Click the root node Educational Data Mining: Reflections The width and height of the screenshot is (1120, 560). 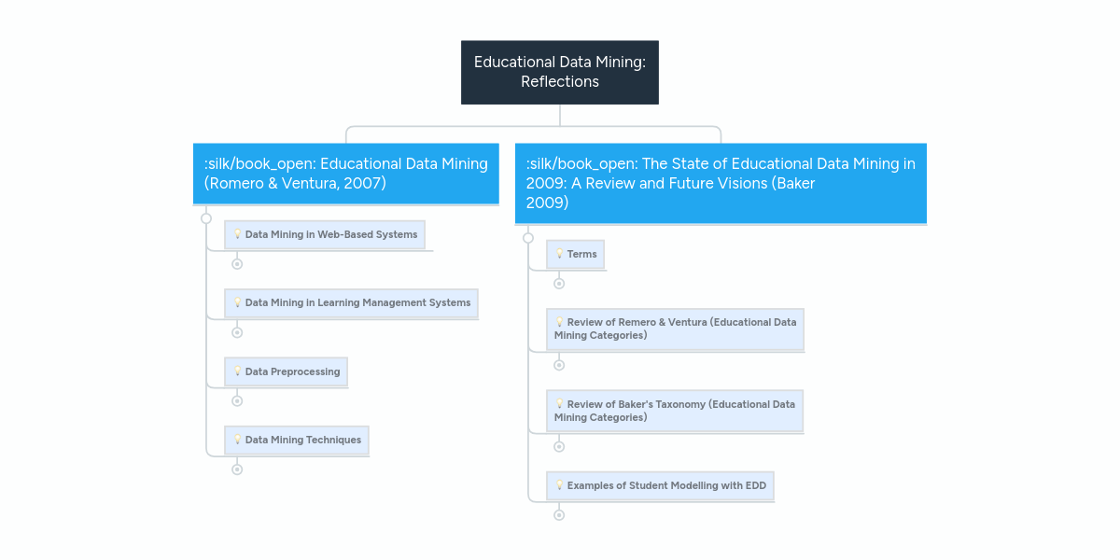[x=560, y=72]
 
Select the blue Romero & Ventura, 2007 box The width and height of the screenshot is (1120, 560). [x=345, y=174]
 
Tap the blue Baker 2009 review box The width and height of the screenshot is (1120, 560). [x=721, y=183]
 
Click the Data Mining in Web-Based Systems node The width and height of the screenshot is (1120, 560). [x=325, y=235]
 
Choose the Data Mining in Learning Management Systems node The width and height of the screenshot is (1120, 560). [x=351, y=303]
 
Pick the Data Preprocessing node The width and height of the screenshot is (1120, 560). [x=286, y=371]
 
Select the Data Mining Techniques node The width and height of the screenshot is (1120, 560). [x=297, y=440]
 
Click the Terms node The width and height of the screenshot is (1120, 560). [x=576, y=255]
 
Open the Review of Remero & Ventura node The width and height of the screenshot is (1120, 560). [x=675, y=329]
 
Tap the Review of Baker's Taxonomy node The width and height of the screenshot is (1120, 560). [x=675, y=411]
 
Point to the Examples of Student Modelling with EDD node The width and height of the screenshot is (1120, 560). [x=660, y=486]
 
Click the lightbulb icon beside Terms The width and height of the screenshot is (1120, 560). [x=560, y=254]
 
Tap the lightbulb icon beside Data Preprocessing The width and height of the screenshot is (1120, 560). [x=238, y=371]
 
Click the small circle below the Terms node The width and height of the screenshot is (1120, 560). [x=559, y=284]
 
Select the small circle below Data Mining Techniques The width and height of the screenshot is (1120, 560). [x=237, y=469]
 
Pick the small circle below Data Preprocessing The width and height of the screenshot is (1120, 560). [x=237, y=401]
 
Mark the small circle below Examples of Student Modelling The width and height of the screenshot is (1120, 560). [x=559, y=515]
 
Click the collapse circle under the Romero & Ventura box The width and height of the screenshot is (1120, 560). [x=206, y=218]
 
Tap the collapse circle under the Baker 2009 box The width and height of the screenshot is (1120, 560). [x=528, y=238]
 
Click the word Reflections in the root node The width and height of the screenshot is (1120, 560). [x=560, y=82]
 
